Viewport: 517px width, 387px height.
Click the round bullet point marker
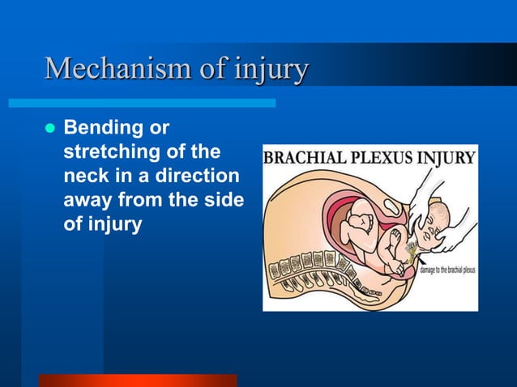pos(47,129)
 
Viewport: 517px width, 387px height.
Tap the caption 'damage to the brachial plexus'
pos(447,271)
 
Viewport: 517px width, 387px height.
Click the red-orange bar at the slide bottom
pos(137,380)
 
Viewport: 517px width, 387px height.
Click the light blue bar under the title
pos(142,103)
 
